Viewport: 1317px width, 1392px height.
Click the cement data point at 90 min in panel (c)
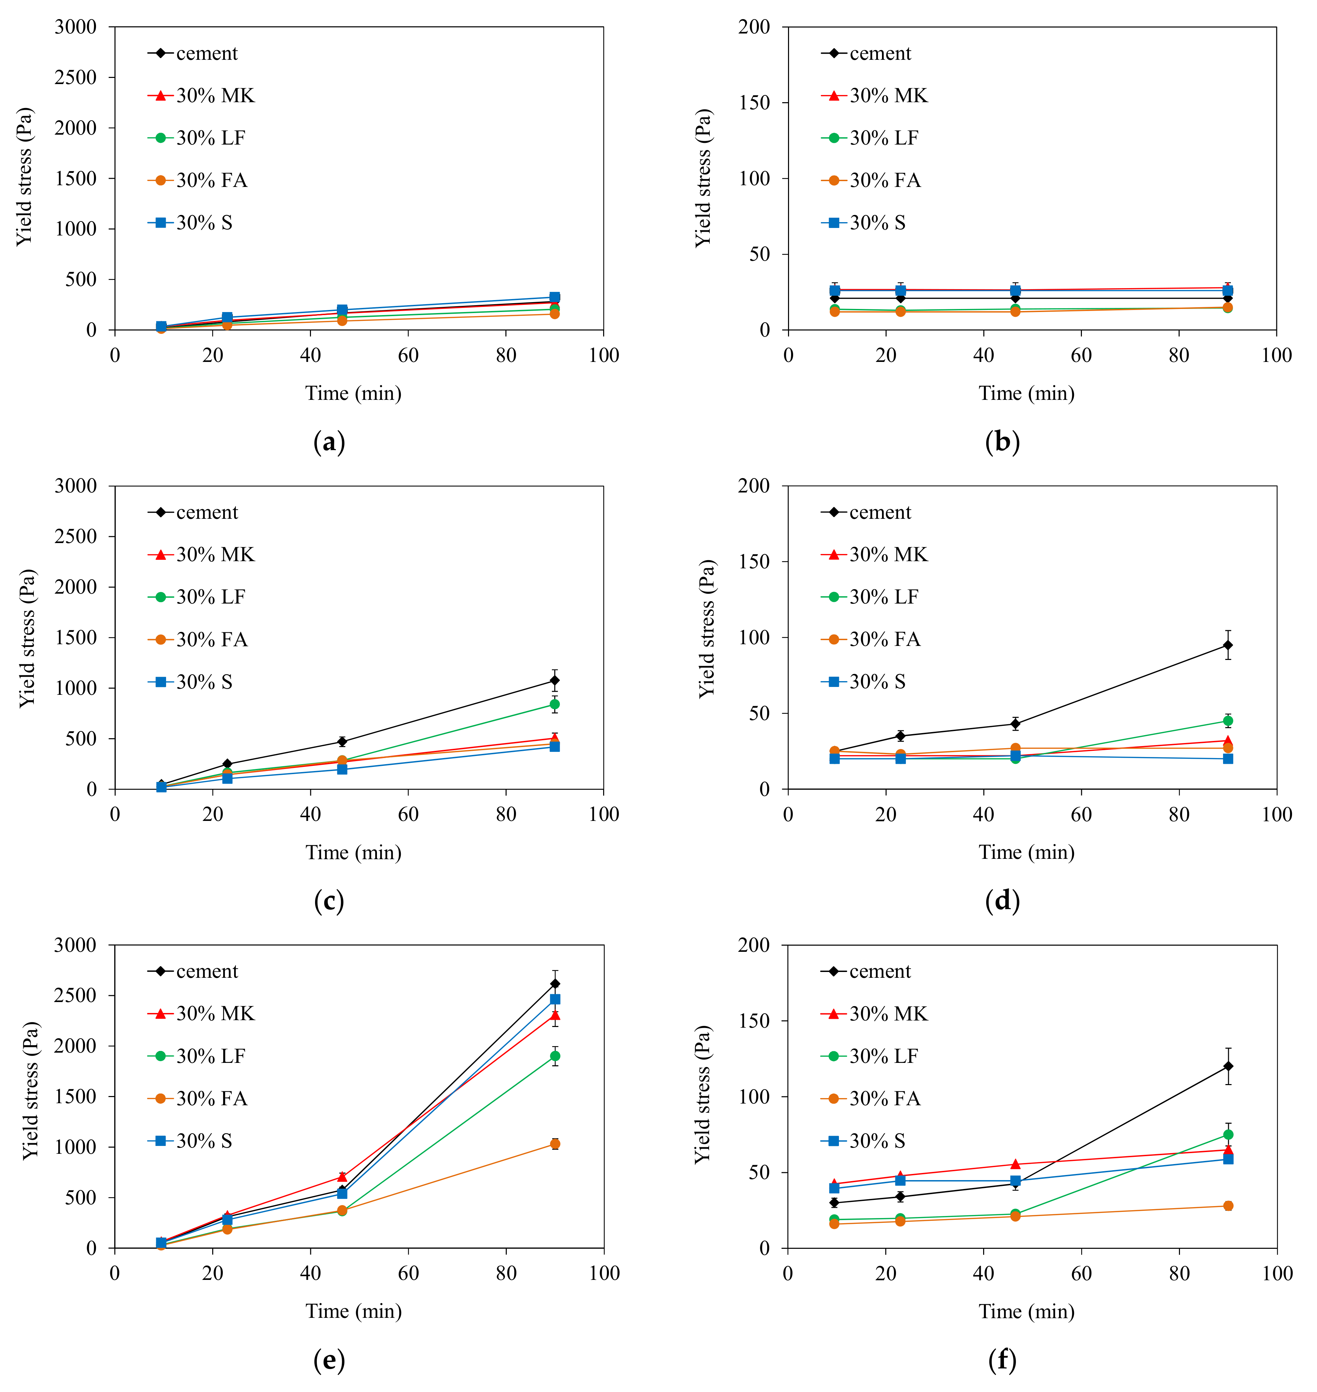pyautogui.click(x=555, y=680)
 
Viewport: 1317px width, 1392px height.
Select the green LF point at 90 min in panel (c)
pyautogui.click(x=555, y=704)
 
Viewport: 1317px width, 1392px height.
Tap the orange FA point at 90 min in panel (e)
pyautogui.click(x=555, y=1144)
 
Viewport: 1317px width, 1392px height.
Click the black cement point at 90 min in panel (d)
pyautogui.click(x=1228, y=645)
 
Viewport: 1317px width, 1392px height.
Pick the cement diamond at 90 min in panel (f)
pyautogui.click(x=1228, y=1066)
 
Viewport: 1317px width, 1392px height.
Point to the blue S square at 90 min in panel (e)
pyautogui.click(x=555, y=999)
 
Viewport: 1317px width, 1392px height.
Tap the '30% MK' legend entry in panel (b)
pyautogui.click(x=888, y=95)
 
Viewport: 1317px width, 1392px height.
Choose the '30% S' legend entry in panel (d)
pyautogui.click(x=877, y=681)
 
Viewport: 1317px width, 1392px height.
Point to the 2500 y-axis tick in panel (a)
pyautogui.click(x=76, y=77)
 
